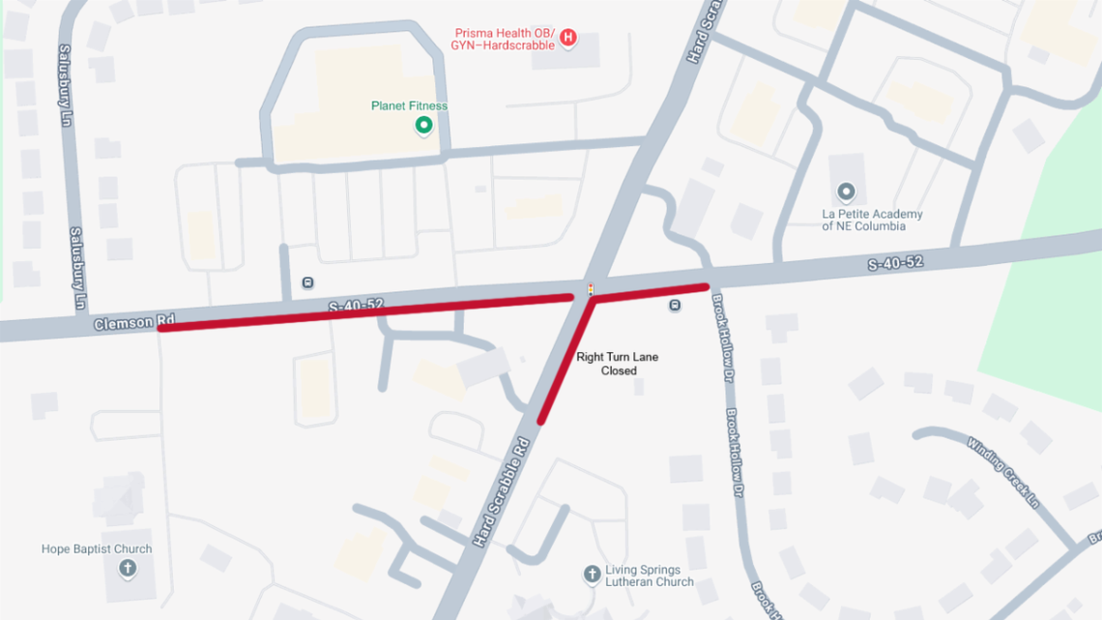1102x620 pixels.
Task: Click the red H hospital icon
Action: [x=568, y=38]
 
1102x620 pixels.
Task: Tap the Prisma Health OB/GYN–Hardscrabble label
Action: [x=505, y=39]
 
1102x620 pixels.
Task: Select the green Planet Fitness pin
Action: [x=422, y=126]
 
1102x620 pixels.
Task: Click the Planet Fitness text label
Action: [x=409, y=105]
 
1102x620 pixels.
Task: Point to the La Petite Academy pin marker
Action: [x=847, y=192]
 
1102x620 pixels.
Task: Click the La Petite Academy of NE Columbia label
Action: [x=872, y=221]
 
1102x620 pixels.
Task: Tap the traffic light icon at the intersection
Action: [x=590, y=288]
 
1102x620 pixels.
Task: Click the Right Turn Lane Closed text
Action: [x=618, y=364]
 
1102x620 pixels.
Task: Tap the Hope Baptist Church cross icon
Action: [x=127, y=568]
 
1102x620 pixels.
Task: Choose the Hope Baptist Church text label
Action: [x=97, y=549]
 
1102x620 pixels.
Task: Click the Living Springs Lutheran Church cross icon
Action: [x=592, y=575]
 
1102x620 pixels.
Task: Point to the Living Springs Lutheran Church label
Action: [x=650, y=576]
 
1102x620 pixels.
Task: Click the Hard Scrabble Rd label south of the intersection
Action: [x=502, y=492]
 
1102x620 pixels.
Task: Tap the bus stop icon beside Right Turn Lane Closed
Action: [x=675, y=306]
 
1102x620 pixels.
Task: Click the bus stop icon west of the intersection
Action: [x=307, y=282]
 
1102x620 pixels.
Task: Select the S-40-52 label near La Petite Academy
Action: [x=894, y=262]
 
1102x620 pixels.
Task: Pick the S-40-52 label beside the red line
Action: [x=356, y=306]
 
